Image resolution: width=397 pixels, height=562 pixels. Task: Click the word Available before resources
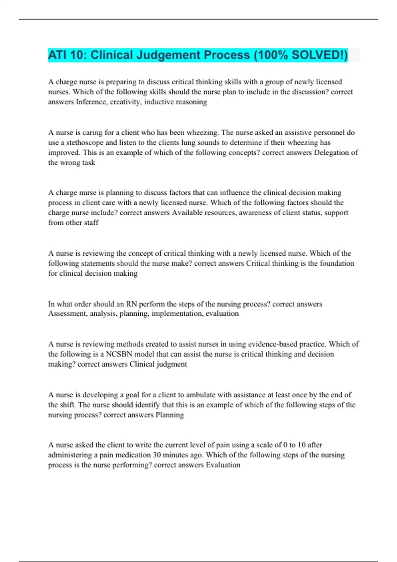(x=188, y=213)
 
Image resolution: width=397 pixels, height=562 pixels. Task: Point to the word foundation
(x=337, y=263)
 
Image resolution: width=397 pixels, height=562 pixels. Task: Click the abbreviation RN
(x=131, y=304)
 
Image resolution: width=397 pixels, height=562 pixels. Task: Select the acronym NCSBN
(x=119, y=354)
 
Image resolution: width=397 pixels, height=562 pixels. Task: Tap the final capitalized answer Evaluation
(x=223, y=465)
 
